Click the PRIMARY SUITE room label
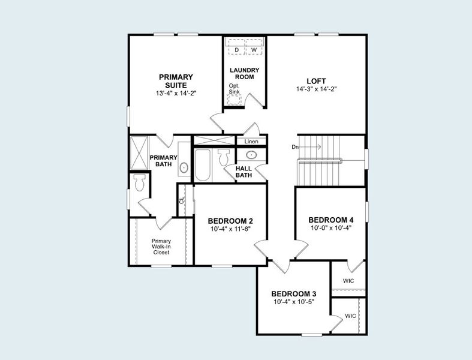[176, 81]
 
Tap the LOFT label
[316, 81]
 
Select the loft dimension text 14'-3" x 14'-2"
[316, 89]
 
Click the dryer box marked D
[237, 49]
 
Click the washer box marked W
[254, 49]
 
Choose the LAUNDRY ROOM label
[245, 73]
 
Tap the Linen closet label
[251, 142]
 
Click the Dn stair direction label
[295, 147]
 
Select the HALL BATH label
[244, 172]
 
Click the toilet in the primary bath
[140, 182]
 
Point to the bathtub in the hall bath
[202, 165]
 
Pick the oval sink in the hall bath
[252, 155]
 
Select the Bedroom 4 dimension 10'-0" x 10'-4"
[330, 228]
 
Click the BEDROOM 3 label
[293, 293]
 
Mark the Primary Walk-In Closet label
[161, 247]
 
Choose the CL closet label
[182, 201]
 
